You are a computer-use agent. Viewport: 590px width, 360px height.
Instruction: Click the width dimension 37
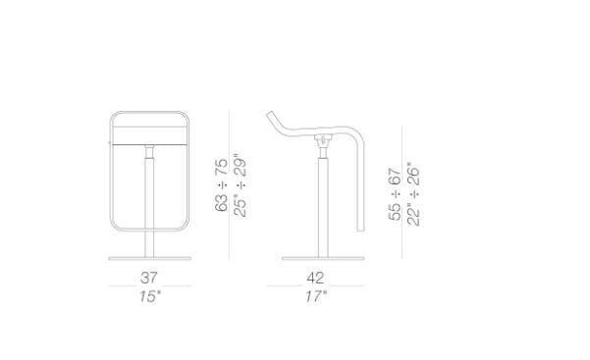(x=148, y=278)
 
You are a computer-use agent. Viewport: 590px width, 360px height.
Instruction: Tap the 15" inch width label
(x=150, y=296)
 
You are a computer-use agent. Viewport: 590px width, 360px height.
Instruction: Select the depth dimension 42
(x=315, y=278)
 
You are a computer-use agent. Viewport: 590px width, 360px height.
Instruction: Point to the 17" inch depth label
(x=315, y=296)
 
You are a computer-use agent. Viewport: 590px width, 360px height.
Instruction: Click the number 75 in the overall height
(x=221, y=167)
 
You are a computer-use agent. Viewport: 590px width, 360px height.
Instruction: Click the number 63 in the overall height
(x=221, y=203)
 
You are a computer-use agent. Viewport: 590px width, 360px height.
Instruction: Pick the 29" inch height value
(x=241, y=165)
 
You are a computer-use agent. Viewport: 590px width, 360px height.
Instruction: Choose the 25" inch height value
(x=241, y=205)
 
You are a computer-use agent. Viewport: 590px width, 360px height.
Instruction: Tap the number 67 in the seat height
(x=395, y=176)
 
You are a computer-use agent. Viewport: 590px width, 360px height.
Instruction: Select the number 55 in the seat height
(x=395, y=212)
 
